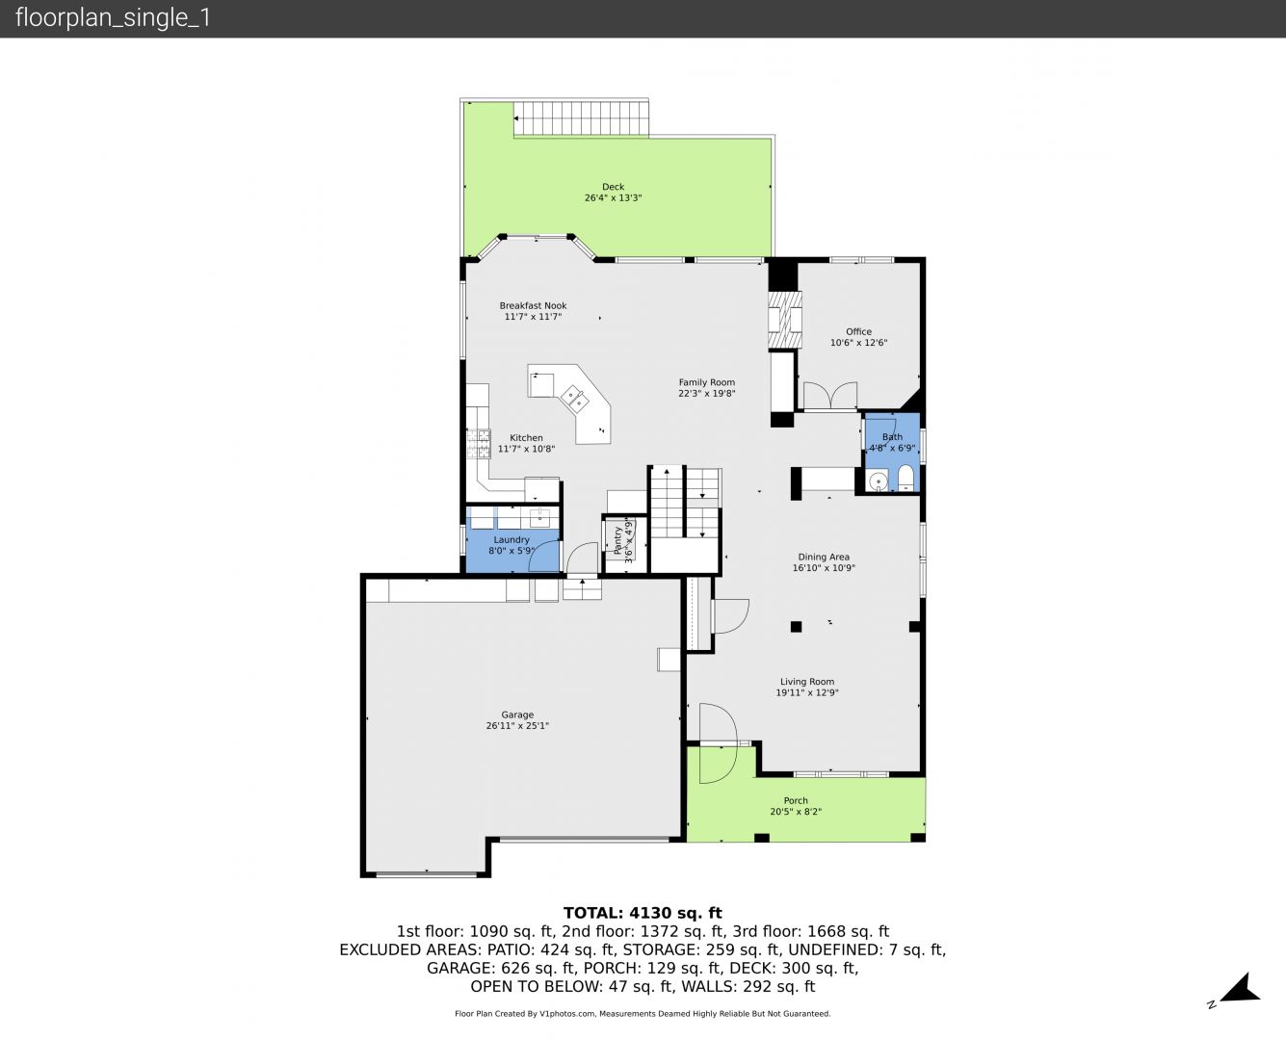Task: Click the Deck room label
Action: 613,187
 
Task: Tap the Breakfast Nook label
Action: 533,306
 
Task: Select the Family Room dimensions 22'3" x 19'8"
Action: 706,394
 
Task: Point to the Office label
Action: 858,332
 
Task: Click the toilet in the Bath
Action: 905,478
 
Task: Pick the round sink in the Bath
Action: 878,481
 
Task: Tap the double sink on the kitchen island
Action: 574,399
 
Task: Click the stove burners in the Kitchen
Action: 479,444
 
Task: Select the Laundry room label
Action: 512,540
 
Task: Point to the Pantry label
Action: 617,540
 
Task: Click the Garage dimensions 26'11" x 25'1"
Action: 517,725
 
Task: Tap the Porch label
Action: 796,801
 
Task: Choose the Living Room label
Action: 807,682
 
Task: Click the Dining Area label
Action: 824,558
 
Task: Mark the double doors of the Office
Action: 830,396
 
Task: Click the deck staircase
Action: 582,118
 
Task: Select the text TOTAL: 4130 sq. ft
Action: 643,913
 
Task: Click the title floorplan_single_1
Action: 113,18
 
